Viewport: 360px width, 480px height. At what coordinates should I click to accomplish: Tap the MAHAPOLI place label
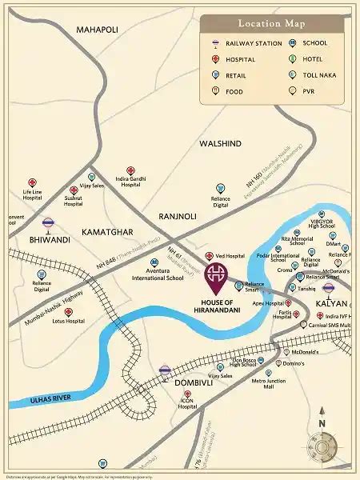pos(97,30)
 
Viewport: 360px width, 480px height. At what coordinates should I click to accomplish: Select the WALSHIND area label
pos(220,143)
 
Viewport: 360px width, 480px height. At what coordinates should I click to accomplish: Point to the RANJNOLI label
pos(182,215)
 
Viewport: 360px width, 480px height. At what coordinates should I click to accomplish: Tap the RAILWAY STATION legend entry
pos(254,43)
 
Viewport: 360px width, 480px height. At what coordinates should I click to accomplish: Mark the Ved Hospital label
pos(230,256)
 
